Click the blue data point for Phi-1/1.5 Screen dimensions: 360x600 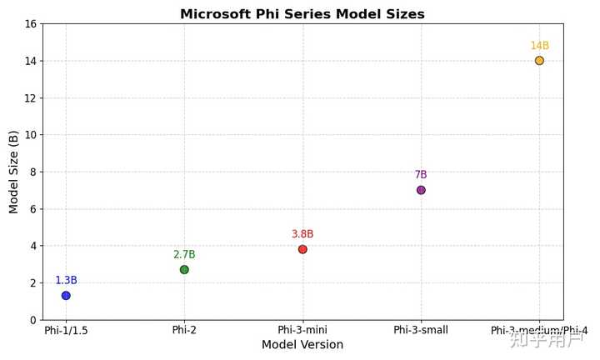(66, 296)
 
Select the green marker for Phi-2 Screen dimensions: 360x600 (184, 269)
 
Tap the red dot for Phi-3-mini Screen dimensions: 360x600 (302, 249)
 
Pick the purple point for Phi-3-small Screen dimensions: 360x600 (421, 190)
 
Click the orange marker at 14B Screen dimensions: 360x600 (539, 61)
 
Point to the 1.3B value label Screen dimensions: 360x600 (66, 281)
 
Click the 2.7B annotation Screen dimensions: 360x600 (184, 255)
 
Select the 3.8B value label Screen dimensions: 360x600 (302, 234)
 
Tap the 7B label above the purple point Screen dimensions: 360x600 (421, 175)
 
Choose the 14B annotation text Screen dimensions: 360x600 (539, 46)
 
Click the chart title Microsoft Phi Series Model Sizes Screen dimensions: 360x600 (302, 14)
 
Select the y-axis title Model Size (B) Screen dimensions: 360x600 (14, 172)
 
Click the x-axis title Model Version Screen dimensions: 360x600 (302, 345)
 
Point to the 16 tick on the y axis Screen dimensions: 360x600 (31, 24)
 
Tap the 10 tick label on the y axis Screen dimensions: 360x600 (31, 135)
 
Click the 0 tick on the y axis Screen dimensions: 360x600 (33, 320)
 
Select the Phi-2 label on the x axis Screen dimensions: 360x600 (184, 330)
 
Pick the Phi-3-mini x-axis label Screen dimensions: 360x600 (302, 330)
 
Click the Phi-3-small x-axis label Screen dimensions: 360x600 (421, 330)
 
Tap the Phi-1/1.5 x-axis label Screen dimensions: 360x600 (66, 330)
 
